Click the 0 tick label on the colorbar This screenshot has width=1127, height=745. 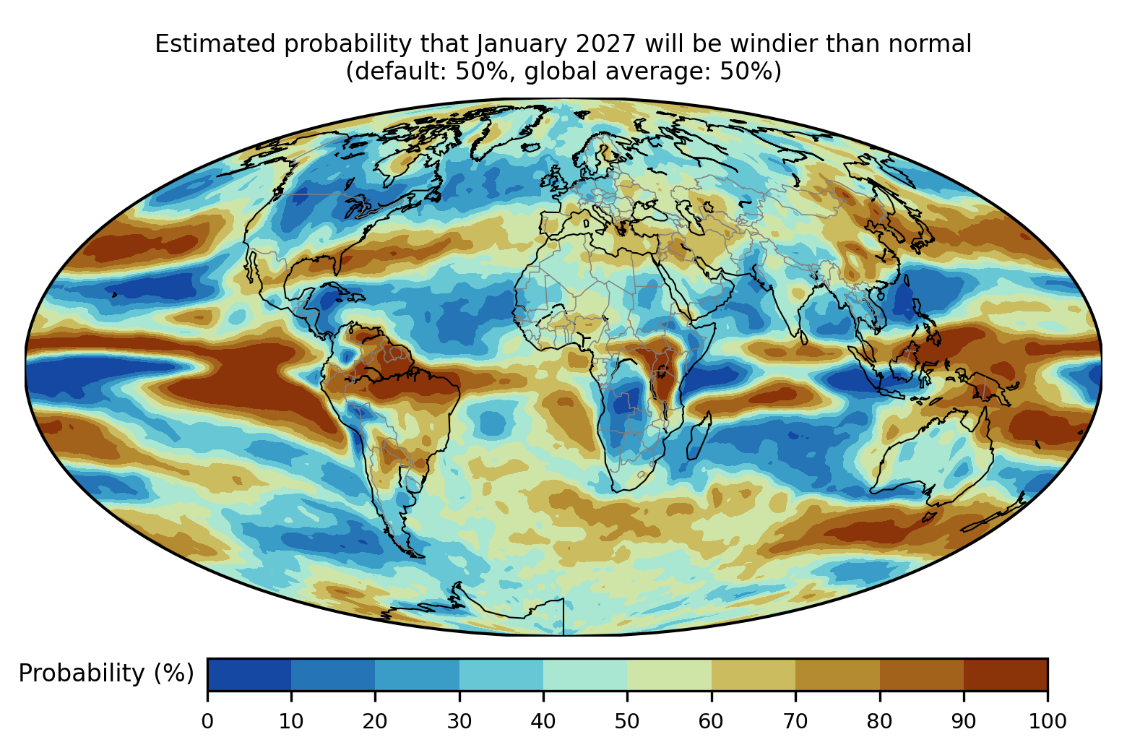207,721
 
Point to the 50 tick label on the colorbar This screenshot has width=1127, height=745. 627,721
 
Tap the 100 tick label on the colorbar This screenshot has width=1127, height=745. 1048,721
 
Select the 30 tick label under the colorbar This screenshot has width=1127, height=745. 459,721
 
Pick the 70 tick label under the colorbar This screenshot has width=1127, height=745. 795,721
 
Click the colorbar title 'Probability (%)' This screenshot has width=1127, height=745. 106,673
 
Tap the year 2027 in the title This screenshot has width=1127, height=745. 607,44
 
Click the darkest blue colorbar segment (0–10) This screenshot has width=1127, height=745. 249,674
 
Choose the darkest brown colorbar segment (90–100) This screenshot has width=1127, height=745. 1006,674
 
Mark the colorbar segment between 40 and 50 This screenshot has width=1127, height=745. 585,674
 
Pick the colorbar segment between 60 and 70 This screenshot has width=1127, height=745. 754,674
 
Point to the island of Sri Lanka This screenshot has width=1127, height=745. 803,337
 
